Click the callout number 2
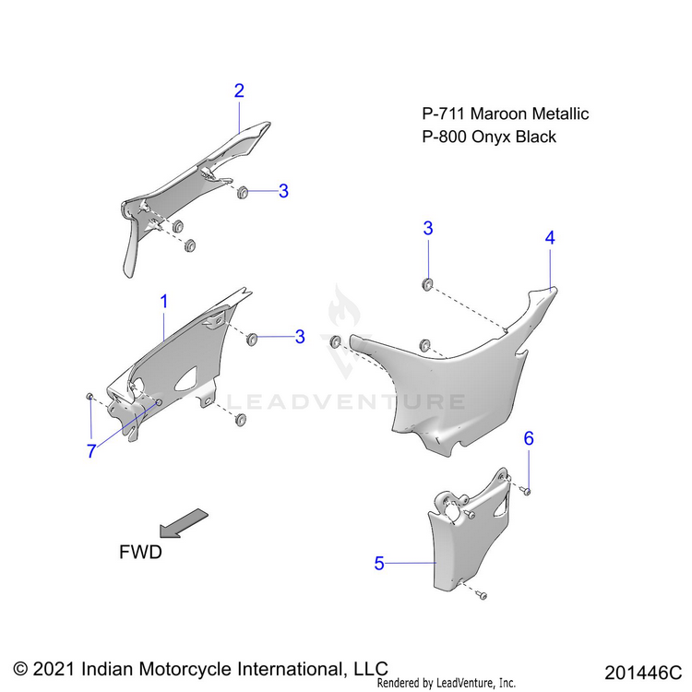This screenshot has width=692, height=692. point(239,90)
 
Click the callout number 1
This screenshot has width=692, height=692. point(164,301)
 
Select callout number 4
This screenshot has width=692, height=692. point(550,237)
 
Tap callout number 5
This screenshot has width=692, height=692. point(379,564)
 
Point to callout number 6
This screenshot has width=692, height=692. point(529,438)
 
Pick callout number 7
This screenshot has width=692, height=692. point(91,451)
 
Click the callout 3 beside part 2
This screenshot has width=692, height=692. point(283,191)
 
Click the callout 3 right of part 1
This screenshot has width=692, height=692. point(300,338)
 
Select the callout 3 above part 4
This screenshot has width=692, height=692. point(428,228)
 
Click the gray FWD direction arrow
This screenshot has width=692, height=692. point(182,522)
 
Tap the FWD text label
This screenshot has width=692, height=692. point(140,552)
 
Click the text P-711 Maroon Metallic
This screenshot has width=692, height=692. point(505,114)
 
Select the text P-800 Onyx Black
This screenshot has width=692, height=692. point(489,137)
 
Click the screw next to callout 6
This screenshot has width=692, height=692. point(523,490)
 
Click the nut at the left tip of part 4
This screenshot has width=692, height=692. point(336,343)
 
